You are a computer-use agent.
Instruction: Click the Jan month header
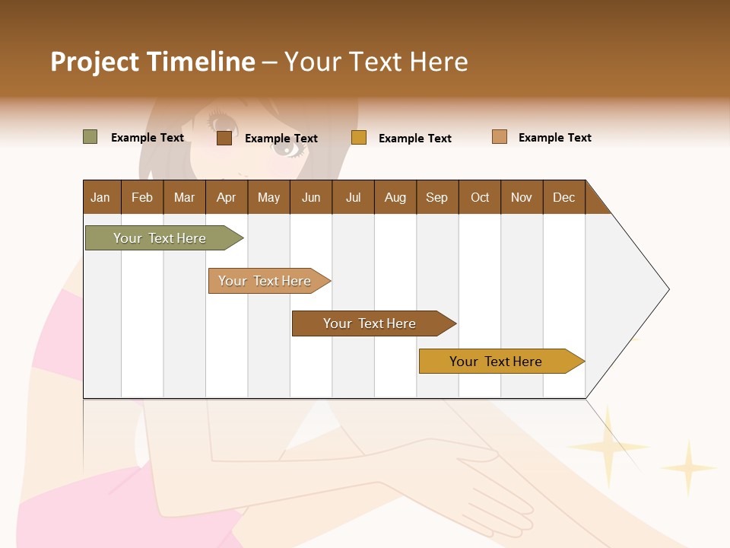click(101, 197)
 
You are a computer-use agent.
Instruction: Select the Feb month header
click(142, 197)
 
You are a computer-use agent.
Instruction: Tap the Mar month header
click(184, 197)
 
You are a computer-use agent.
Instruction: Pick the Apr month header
click(227, 197)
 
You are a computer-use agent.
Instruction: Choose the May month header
click(268, 197)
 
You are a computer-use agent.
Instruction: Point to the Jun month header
click(311, 197)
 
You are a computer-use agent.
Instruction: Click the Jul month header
click(353, 197)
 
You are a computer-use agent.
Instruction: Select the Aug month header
click(395, 197)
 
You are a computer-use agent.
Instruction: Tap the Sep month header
click(437, 197)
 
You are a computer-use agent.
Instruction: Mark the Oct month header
click(480, 197)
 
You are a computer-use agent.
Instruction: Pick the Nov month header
click(522, 197)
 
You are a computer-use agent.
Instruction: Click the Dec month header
click(564, 197)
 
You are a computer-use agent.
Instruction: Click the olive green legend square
click(90, 137)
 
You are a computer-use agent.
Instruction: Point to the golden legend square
click(359, 138)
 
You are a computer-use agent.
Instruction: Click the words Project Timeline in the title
click(153, 62)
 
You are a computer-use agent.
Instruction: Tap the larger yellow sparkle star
click(608, 447)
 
